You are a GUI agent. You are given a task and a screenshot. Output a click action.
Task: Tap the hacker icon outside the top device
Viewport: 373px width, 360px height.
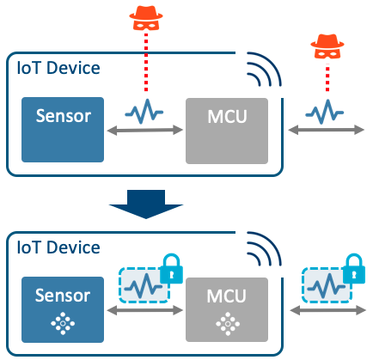pos(327,46)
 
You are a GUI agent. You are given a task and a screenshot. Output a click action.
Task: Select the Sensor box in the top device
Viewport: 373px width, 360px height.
pos(63,130)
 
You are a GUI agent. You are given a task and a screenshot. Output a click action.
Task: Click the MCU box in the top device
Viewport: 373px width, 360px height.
pos(227,131)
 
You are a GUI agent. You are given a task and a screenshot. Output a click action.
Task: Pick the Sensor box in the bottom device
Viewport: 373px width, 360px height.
pos(63,309)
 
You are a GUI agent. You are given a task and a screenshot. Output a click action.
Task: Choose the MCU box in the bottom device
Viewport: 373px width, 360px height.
pos(227,309)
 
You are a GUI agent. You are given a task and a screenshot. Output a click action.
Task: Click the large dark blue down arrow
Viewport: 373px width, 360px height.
pos(146,204)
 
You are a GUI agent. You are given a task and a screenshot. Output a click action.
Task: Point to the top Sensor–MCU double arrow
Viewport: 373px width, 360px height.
pos(145,131)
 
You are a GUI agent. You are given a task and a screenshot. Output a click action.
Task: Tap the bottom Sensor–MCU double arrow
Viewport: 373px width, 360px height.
pos(145,310)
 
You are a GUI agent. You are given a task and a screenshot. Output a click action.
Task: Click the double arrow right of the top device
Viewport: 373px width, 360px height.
pos(326,131)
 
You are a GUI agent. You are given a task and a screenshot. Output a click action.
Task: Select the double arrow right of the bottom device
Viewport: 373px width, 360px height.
pos(327,310)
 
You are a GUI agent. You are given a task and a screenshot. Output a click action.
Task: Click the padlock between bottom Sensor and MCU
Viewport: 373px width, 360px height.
pos(171,269)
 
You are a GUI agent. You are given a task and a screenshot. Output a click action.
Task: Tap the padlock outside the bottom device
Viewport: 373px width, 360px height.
pos(354,269)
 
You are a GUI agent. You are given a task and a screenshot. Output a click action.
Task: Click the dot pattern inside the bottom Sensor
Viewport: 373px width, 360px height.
pos(63,324)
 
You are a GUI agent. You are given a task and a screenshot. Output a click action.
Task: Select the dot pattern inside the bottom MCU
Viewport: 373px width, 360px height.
pos(228,324)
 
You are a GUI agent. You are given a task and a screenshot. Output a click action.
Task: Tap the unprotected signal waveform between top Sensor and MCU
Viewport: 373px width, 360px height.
pos(144,112)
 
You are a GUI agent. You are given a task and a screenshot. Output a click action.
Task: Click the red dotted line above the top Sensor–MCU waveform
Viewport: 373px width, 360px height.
pos(146,62)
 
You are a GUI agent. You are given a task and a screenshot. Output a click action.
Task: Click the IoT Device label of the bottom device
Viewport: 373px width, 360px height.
pos(58,247)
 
